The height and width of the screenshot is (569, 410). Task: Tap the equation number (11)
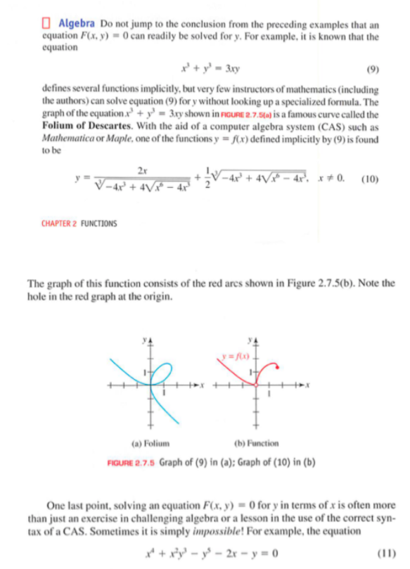tap(385, 550)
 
